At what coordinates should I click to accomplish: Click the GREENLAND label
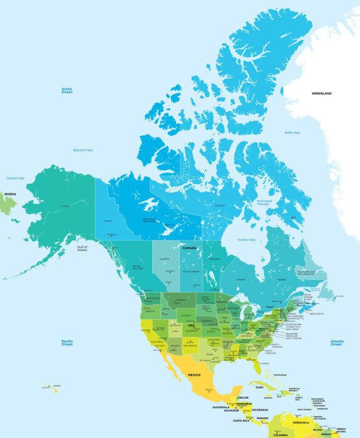point(322,93)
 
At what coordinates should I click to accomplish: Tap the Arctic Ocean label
point(67,91)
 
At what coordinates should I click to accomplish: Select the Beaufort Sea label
point(83,150)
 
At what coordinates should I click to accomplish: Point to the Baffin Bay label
point(292,133)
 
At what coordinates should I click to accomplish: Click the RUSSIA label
point(10,194)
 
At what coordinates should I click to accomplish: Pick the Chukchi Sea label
point(15,178)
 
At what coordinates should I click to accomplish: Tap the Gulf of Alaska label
point(82,248)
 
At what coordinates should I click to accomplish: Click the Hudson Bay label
point(247,240)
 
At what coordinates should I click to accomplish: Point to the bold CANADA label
point(190,248)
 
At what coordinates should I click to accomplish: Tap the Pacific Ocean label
point(67,342)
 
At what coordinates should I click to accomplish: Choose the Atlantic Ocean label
point(337,342)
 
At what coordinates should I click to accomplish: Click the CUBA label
point(259,387)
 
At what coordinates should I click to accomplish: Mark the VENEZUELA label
point(300,422)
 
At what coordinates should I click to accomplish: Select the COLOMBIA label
point(280,434)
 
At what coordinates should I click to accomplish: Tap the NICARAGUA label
point(260,410)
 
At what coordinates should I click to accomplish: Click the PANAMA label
point(262,418)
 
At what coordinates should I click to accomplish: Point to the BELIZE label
point(244,397)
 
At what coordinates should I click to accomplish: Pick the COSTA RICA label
point(241,421)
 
